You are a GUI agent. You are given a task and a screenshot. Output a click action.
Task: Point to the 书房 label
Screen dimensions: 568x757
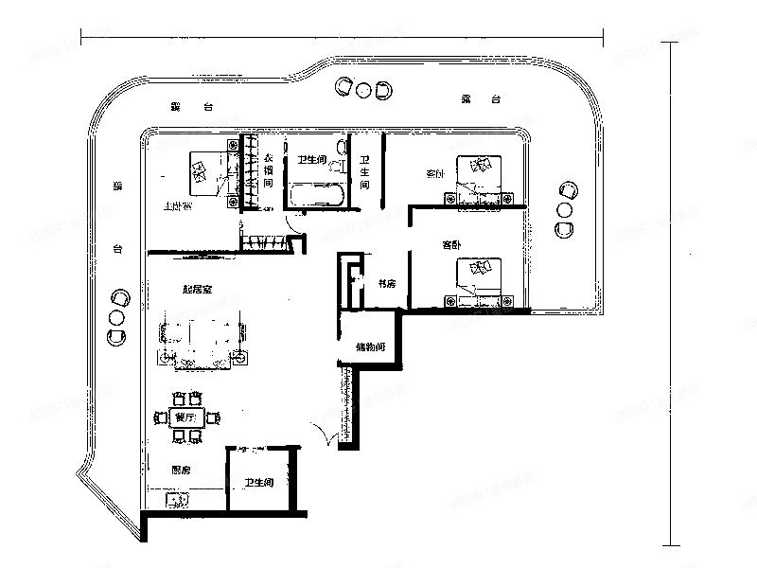[386, 282]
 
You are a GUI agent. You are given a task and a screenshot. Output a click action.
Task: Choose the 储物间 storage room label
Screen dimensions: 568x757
[370, 347]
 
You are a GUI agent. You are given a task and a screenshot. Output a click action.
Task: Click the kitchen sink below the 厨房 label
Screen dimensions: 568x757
[175, 499]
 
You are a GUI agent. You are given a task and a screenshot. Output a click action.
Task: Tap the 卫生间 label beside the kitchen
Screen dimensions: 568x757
[259, 483]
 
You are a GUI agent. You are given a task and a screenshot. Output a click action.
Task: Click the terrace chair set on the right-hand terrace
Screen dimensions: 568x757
[567, 208]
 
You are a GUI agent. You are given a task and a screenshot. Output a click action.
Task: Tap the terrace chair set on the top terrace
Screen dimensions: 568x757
[362, 89]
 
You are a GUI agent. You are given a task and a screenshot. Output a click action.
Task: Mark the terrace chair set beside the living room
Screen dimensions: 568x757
[116, 316]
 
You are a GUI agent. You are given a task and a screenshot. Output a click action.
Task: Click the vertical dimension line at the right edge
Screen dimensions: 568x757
[672, 293]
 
